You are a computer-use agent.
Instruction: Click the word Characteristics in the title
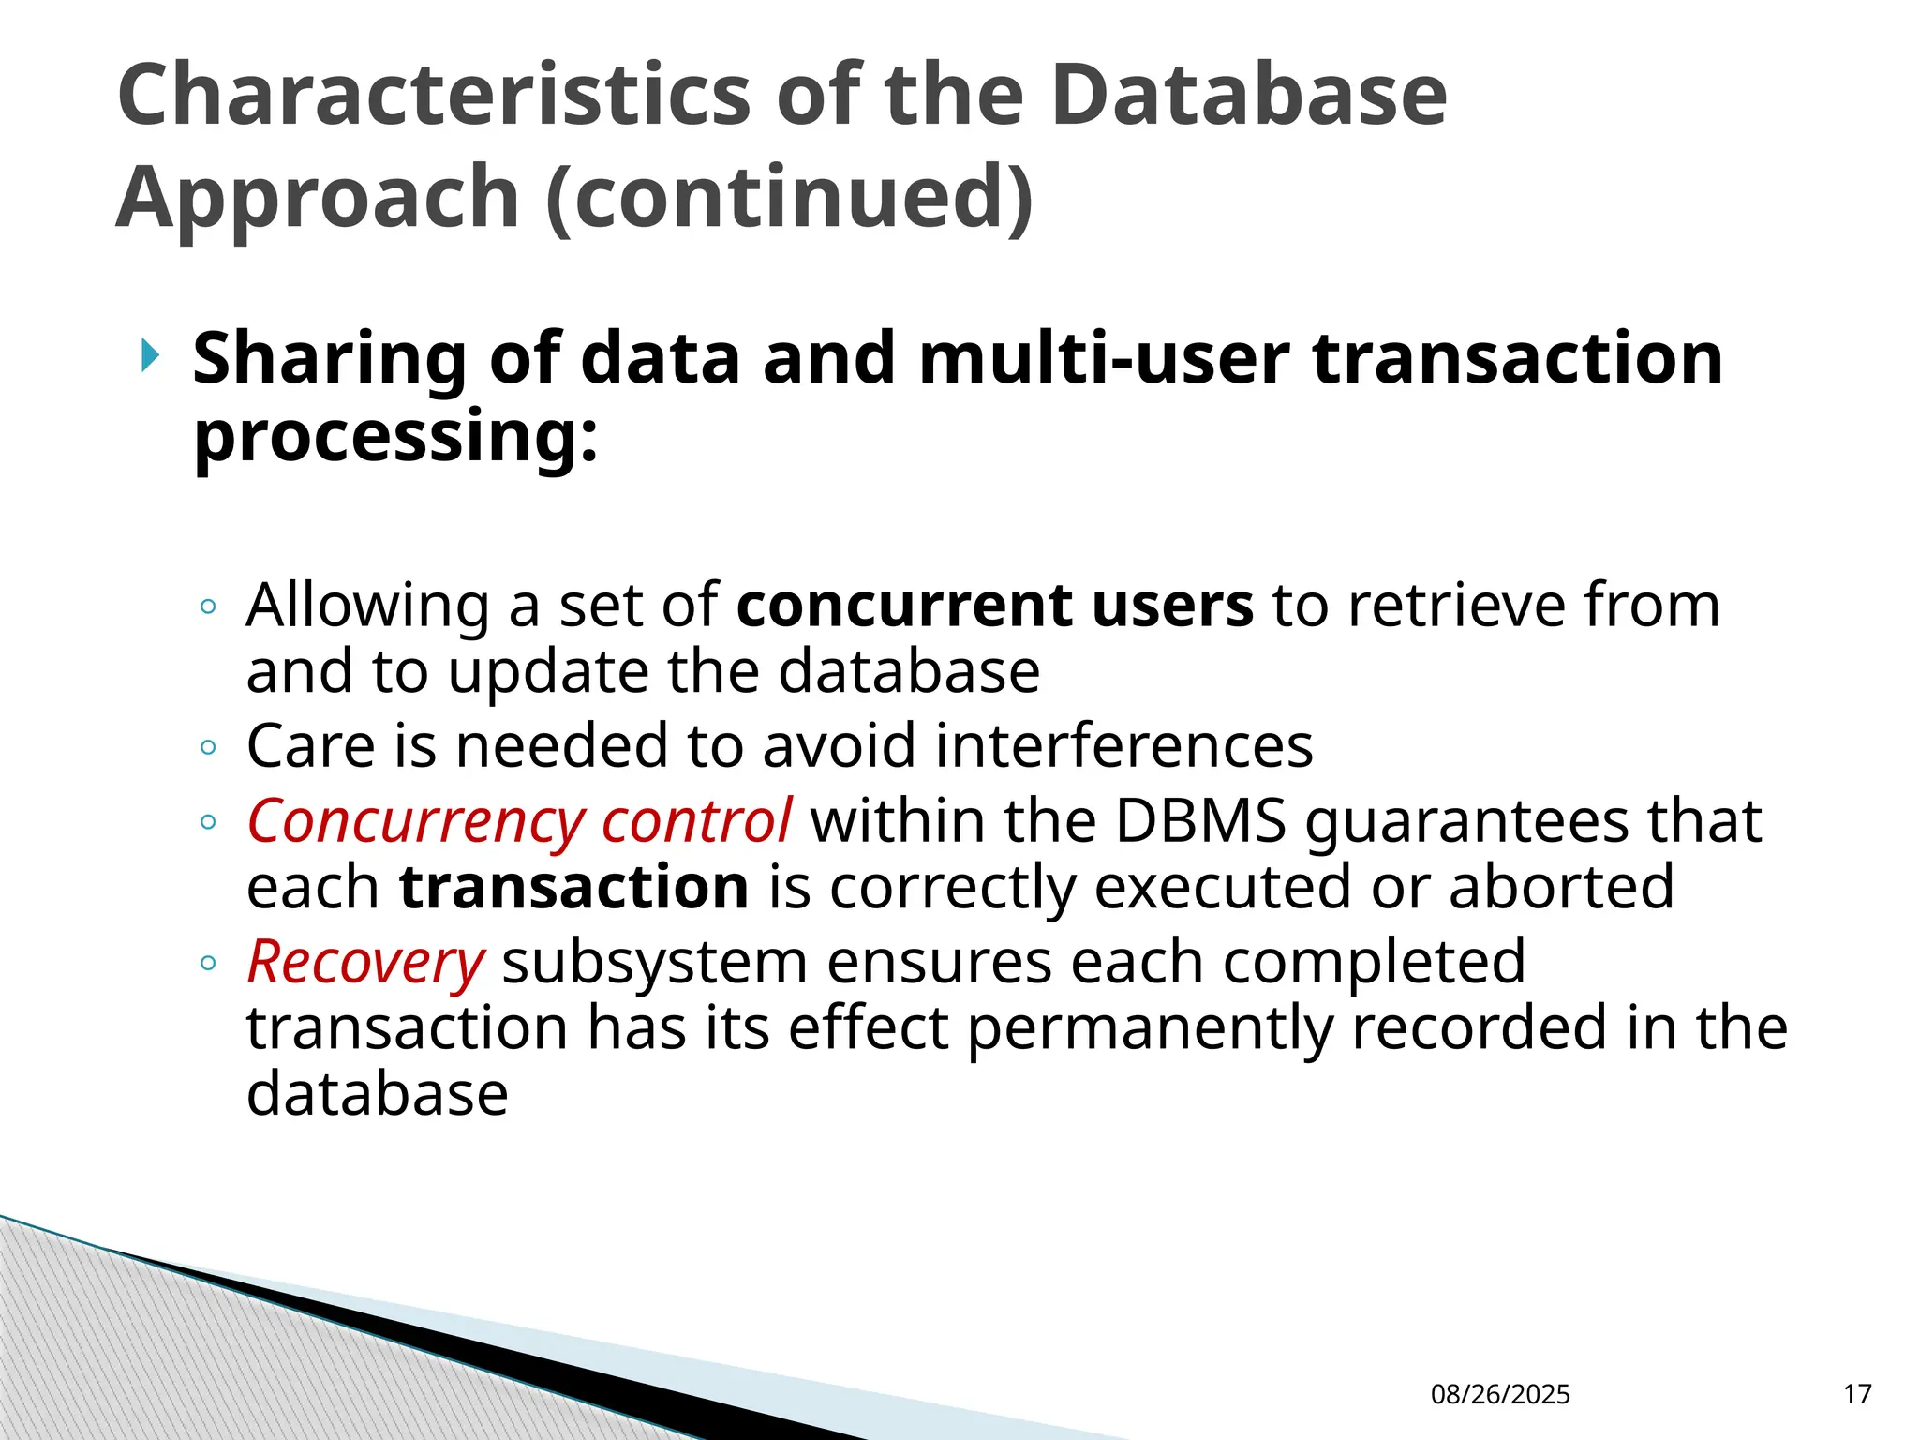coord(433,95)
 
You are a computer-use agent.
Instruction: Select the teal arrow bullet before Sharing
coord(150,355)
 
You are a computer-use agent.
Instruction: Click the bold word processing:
coord(394,437)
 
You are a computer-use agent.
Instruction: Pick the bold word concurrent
coord(904,605)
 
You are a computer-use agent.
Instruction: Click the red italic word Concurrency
coord(415,822)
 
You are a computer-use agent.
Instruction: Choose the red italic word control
coord(697,822)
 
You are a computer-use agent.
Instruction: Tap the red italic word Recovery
coord(365,963)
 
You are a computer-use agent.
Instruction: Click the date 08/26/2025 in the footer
coord(1500,1394)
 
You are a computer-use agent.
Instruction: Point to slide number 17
coord(1857,1394)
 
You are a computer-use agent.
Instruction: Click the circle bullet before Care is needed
coord(208,747)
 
